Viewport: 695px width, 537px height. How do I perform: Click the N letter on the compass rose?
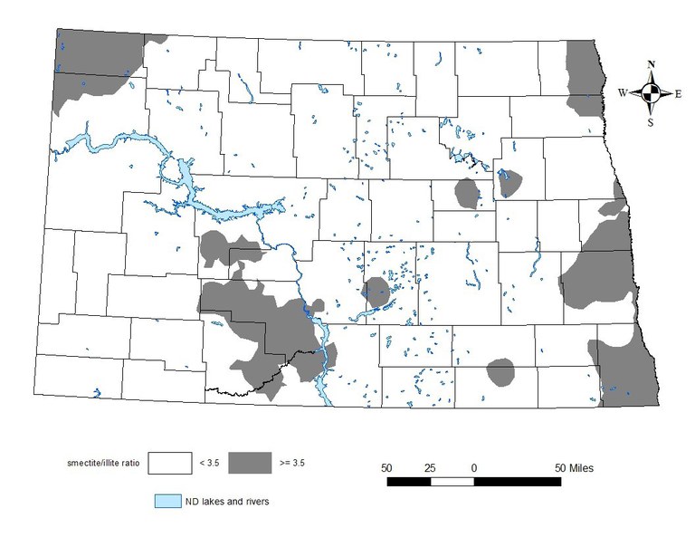(x=652, y=64)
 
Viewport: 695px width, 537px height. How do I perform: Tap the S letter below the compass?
(x=651, y=121)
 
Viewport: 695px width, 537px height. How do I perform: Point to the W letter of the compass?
(x=624, y=92)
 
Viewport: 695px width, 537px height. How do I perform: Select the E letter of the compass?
(x=679, y=92)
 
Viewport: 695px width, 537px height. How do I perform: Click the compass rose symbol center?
(x=652, y=92)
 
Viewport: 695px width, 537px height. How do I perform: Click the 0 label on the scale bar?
(x=474, y=467)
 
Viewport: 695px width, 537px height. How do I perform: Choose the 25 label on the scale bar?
(x=430, y=467)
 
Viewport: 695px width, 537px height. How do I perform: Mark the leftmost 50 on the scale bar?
(x=386, y=467)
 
